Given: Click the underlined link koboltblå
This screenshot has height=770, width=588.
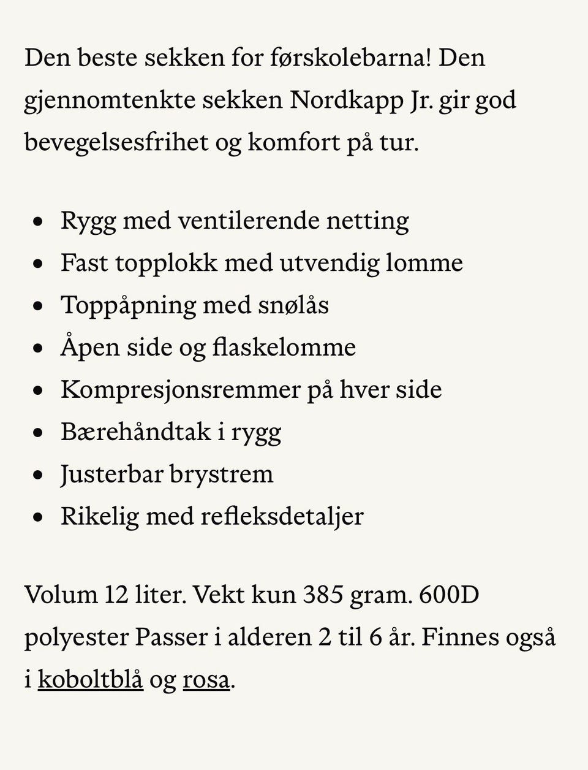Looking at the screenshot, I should [90, 680].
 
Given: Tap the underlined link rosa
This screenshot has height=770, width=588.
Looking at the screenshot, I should [206, 680].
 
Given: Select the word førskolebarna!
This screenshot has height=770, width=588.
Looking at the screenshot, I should [350, 58].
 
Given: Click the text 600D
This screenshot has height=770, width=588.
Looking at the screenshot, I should [449, 595].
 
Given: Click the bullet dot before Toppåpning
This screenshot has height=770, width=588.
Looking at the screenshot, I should [39, 306].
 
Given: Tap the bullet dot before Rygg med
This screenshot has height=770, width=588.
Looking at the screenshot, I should [39, 221].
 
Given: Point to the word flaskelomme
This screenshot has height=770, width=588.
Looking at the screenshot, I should [284, 348].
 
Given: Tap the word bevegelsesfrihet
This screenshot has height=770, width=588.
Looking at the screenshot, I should [116, 142].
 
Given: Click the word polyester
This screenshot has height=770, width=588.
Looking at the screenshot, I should [76, 638].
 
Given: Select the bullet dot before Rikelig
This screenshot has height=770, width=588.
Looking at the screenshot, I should [39, 517].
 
